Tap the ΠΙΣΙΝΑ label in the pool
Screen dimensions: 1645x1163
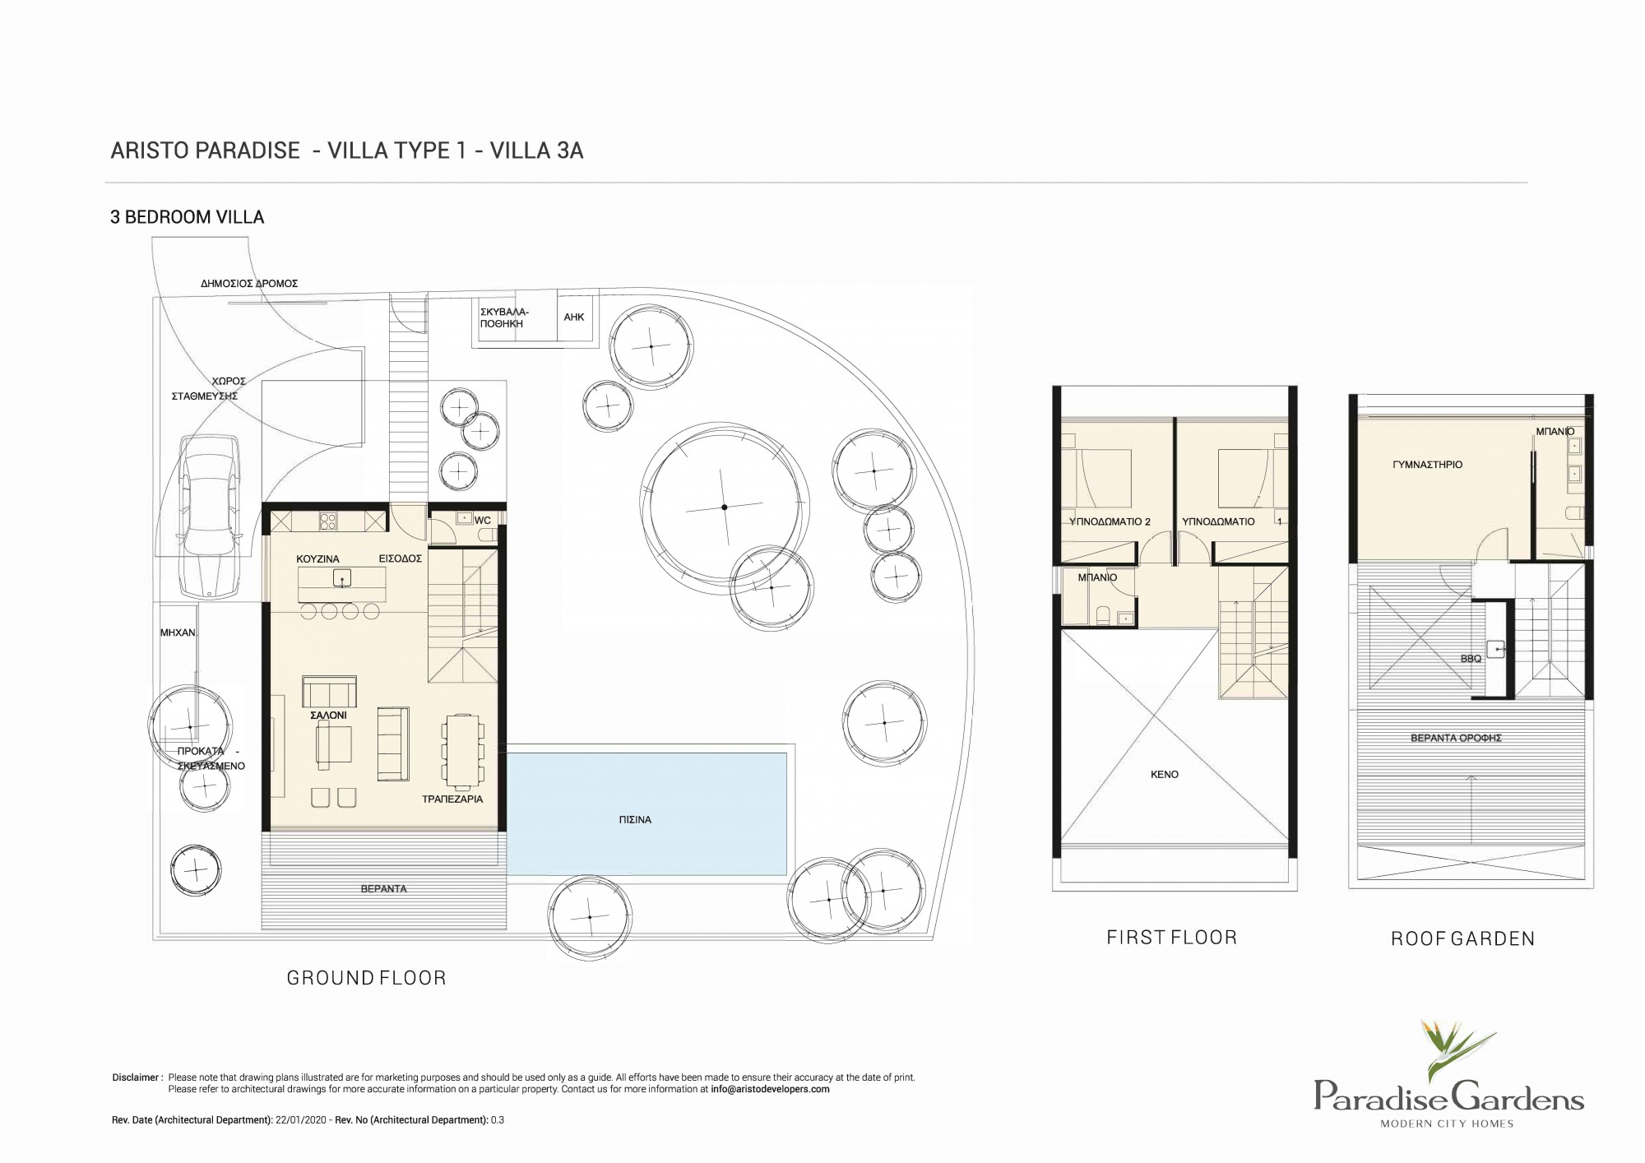(x=636, y=820)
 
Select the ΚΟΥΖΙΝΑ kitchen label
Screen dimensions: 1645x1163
(x=317, y=559)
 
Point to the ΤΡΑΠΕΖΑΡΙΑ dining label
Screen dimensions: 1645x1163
(x=452, y=799)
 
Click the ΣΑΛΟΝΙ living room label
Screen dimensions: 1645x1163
(x=328, y=716)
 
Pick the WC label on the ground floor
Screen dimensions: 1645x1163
(x=483, y=520)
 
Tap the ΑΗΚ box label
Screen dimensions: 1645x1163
(x=574, y=317)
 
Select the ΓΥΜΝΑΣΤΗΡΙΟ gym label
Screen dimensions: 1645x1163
(x=1427, y=465)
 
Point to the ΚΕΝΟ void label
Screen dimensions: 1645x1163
(x=1165, y=775)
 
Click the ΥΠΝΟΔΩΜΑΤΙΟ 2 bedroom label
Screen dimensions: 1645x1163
(x=1110, y=521)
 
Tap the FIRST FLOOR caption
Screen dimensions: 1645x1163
(x=1171, y=937)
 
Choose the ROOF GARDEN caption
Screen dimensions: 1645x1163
(x=1462, y=938)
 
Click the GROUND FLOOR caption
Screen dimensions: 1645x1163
(x=366, y=978)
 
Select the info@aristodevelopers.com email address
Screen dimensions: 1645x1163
(x=770, y=1089)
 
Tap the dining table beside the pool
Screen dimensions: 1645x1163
(x=464, y=748)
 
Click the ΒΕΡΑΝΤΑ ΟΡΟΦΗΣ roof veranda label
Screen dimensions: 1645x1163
(x=1456, y=738)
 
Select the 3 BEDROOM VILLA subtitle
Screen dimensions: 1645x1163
(x=188, y=217)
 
